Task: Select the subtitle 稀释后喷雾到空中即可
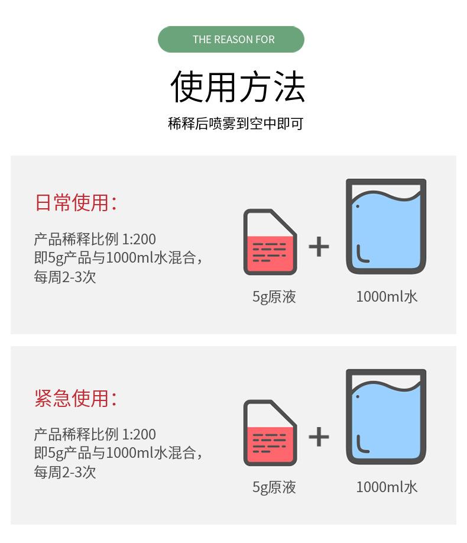coord(235,124)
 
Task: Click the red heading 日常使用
coord(75,203)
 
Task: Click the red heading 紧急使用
coord(75,398)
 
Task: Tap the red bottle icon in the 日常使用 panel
coord(270,243)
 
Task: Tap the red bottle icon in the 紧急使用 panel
coord(270,433)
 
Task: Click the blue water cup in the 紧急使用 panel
coord(385,417)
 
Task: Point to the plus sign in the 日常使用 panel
coord(319,246)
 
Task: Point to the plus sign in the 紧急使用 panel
coord(319,437)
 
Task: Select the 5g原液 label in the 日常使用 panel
coord(274,296)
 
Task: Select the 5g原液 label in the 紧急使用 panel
coord(274,487)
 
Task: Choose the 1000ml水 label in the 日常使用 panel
coord(387,296)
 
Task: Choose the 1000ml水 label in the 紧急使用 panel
coord(387,487)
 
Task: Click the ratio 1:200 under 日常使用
coord(139,240)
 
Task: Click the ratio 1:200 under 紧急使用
coord(139,435)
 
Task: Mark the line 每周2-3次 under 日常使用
coord(64,277)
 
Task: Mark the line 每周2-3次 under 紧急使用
coord(64,472)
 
